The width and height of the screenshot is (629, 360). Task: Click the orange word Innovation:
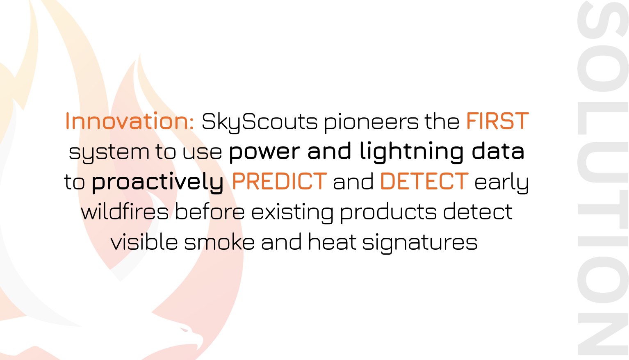pyautogui.click(x=130, y=121)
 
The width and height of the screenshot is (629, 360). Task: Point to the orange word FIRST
pyautogui.click(x=497, y=121)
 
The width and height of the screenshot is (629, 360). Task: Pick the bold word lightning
pyautogui.click(x=411, y=152)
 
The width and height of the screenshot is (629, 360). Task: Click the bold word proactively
pyautogui.click(x=157, y=182)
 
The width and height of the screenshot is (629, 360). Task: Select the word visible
pyautogui.click(x=144, y=242)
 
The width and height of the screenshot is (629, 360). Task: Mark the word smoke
pyautogui.click(x=219, y=242)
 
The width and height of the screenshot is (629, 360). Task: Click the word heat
pyautogui.click(x=332, y=242)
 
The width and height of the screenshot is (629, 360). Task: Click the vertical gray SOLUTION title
pyautogui.click(x=603, y=180)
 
